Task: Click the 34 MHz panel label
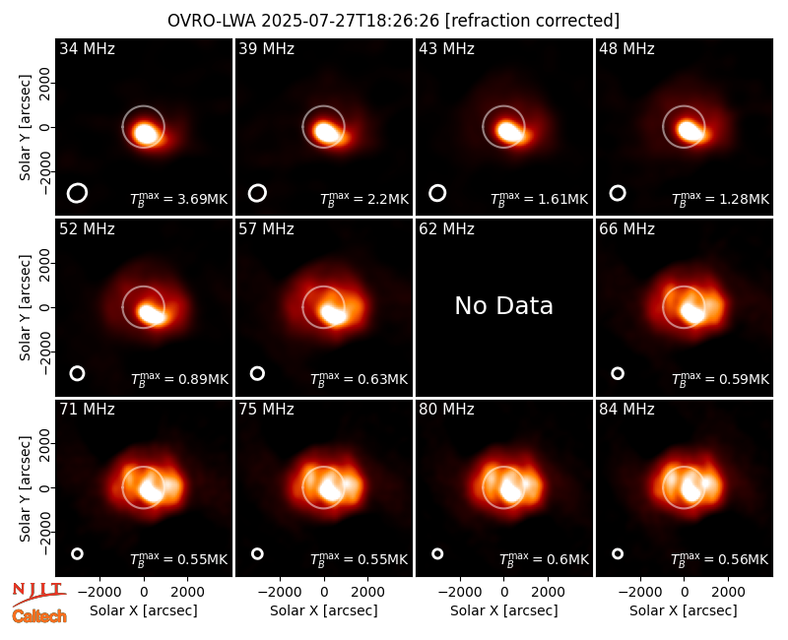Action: pyautogui.click(x=87, y=48)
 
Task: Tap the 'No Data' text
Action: pyautogui.click(x=503, y=306)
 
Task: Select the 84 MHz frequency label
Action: pyautogui.click(x=626, y=410)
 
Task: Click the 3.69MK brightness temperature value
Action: pyautogui.click(x=203, y=199)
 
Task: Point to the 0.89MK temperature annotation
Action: pyautogui.click(x=203, y=379)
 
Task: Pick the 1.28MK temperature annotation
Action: pyautogui.click(x=744, y=199)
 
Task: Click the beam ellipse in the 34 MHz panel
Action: pyautogui.click(x=77, y=193)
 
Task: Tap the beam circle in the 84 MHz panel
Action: pyautogui.click(x=618, y=553)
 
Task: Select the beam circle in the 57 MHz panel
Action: pyautogui.click(x=257, y=373)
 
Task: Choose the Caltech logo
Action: pyautogui.click(x=39, y=616)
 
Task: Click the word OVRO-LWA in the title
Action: pyautogui.click(x=211, y=21)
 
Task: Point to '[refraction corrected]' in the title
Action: pyautogui.click(x=532, y=21)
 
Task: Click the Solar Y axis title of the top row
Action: pyautogui.click(x=25, y=128)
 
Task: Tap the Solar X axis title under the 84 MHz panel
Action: pyautogui.click(x=684, y=610)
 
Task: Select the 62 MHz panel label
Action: pyautogui.click(x=446, y=229)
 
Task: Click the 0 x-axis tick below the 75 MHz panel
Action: pyautogui.click(x=324, y=592)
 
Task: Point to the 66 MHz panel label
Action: pyautogui.click(x=626, y=229)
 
